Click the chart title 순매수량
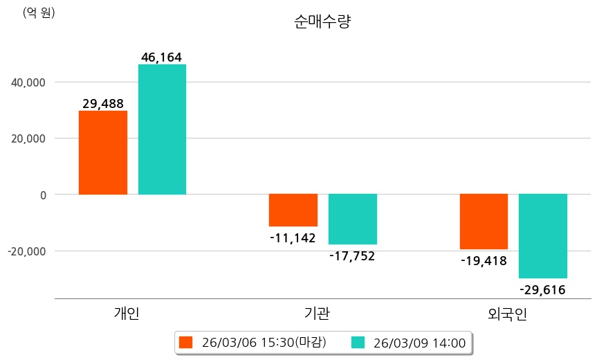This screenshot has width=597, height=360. click(322, 22)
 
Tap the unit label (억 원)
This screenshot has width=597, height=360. click(39, 12)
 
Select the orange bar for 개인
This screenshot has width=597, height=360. click(103, 152)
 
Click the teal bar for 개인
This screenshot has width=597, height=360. click(162, 129)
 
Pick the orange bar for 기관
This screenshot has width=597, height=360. click(293, 210)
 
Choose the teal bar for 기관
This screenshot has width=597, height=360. click(352, 219)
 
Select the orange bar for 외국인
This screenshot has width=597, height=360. click(484, 222)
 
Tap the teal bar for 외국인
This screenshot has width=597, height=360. click(543, 235)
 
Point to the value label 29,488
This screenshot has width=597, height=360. click(103, 104)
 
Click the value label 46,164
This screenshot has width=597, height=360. click(161, 57)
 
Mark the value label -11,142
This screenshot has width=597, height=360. click(293, 238)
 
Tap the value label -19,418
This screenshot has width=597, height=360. click(484, 261)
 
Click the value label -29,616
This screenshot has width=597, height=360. click(542, 289)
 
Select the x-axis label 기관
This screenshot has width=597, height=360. click(317, 314)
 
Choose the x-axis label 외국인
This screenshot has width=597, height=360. click(508, 314)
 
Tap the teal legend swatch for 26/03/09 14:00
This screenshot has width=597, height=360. click(358, 342)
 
